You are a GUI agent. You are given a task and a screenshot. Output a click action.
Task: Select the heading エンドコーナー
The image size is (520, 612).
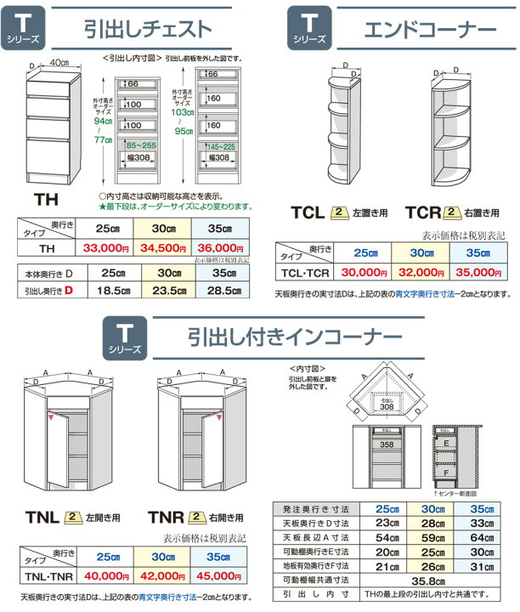(x=430, y=30)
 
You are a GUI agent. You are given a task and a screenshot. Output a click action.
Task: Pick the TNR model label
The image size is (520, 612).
(x=167, y=516)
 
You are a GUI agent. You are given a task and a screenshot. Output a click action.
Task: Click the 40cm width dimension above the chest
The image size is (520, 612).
(x=59, y=63)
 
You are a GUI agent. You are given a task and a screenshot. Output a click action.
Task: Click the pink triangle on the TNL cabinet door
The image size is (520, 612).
(x=52, y=417)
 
